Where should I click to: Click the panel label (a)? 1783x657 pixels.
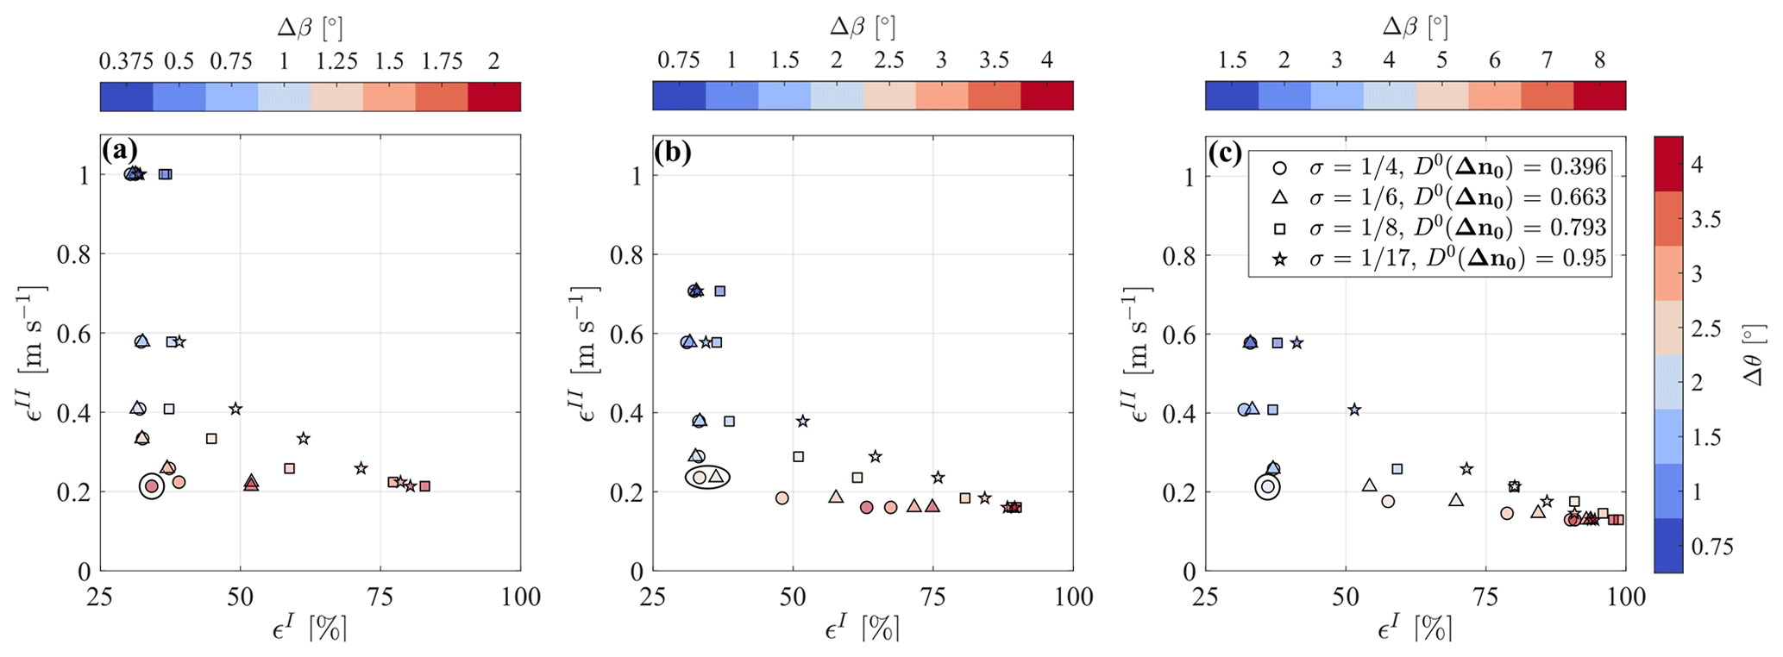pos(119,152)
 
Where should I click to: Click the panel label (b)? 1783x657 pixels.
pos(673,152)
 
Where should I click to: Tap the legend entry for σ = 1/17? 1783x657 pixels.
pos(1433,258)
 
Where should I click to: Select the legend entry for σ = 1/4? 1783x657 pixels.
pos(1433,167)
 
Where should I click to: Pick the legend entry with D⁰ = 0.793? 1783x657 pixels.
pos(1433,228)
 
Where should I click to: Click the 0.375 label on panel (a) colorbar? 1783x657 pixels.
pos(126,61)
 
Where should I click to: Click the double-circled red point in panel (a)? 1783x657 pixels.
pos(152,487)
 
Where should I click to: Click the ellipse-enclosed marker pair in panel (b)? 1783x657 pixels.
pos(707,477)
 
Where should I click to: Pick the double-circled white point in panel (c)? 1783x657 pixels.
pos(1267,487)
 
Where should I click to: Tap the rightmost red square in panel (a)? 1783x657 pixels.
pos(424,486)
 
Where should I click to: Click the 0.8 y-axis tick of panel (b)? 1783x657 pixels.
pos(627,255)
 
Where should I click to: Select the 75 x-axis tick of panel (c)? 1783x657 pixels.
pos(1485,597)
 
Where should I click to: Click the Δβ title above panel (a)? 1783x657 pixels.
pos(310,28)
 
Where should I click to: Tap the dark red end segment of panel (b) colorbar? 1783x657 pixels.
pos(1046,96)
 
